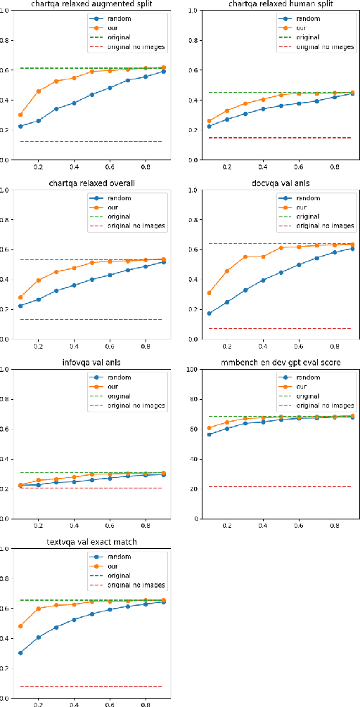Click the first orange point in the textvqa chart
20,626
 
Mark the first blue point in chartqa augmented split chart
20,127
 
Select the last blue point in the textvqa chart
163,602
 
